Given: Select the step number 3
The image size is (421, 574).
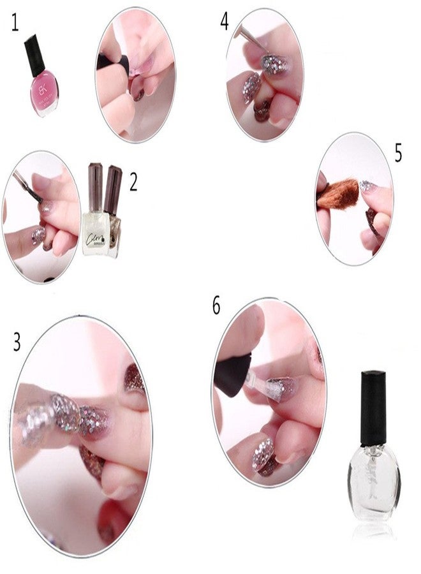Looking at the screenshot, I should pyautogui.click(x=17, y=342).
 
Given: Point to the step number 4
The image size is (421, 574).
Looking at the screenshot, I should pyautogui.click(x=225, y=22).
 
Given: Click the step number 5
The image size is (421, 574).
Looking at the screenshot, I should pyautogui.click(x=398, y=153).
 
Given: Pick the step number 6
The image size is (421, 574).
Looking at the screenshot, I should pyautogui.click(x=216, y=305).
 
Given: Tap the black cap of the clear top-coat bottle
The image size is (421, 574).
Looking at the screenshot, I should pyautogui.click(x=373, y=409).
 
